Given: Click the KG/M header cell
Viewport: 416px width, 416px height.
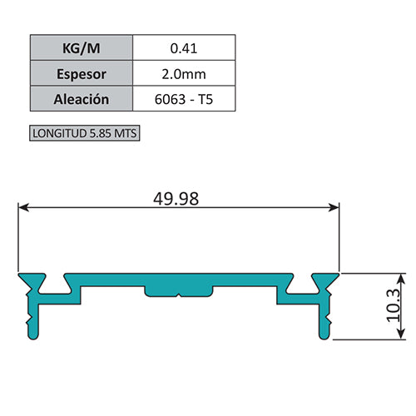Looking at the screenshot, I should click(x=81, y=47).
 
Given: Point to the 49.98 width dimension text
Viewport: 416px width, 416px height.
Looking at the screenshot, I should click(x=177, y=198).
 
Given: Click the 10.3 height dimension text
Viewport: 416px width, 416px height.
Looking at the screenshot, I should click(x=394, y=305).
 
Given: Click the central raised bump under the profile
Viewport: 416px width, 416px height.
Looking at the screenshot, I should click(x=179, y=292).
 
